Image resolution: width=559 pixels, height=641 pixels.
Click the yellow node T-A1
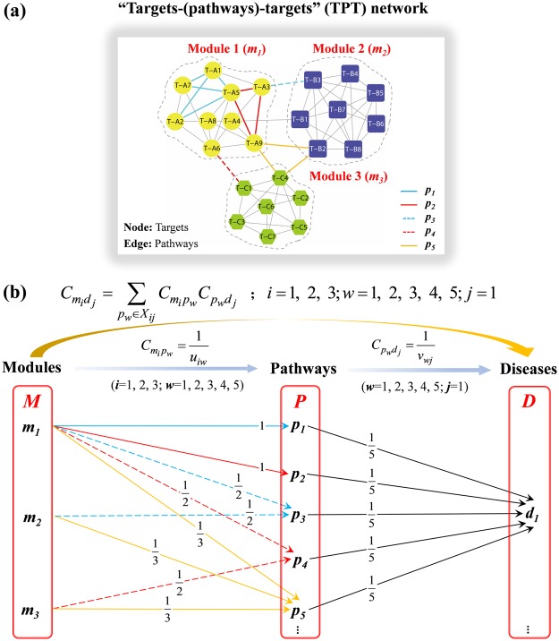pyautogui.click(x=213, y=70)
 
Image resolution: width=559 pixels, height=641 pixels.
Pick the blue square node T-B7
pyautogui.click(x=337, y=110)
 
